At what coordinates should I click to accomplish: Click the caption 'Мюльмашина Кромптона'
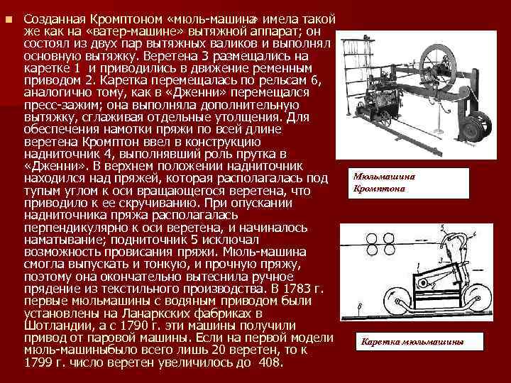pos(384,183)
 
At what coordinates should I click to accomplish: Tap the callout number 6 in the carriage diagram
pos(361,306)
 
